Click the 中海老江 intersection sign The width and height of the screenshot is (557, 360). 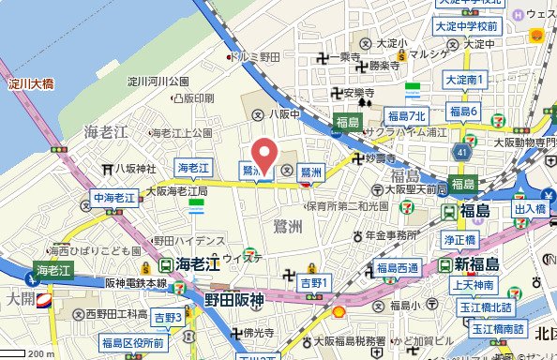[x=114, y=197]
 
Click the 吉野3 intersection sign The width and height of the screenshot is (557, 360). [x=170, y=317]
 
